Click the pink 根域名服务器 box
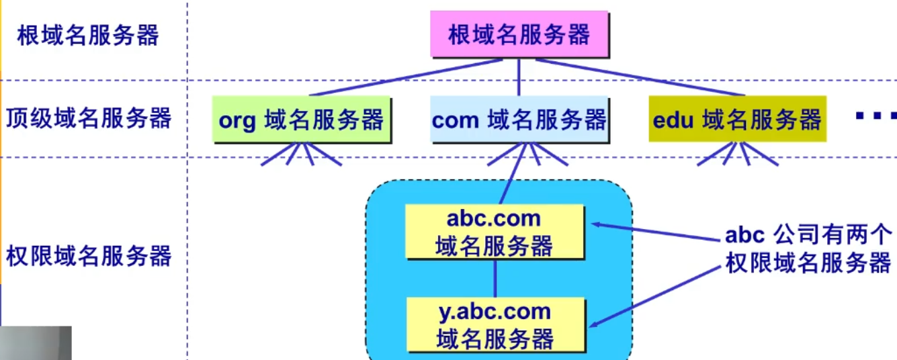pos(519,35)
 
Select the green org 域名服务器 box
pos(301,120)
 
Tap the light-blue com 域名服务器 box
pos(519,120)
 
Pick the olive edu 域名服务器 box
pos(737,120)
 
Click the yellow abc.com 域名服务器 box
pos(495,232)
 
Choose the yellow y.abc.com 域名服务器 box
pos(495,325)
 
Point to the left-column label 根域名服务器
pos(88,35)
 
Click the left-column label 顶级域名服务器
pos(88,119)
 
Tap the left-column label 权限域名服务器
pos(88,256)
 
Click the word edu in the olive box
pos(673,120)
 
